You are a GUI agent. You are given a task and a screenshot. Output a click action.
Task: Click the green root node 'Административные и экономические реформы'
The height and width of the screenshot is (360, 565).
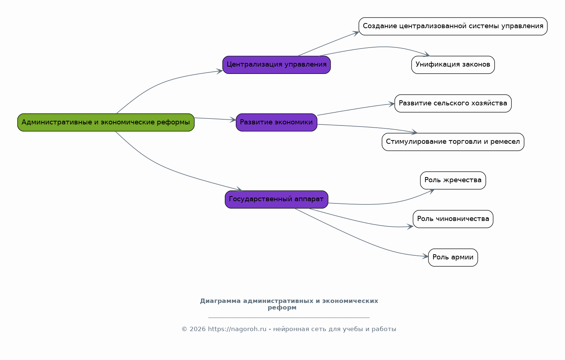(106, 123)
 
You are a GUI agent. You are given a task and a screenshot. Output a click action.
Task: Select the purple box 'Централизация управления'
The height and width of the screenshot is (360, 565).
(277, 65)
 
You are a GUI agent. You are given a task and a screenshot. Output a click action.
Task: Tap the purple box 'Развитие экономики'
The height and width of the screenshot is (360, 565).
(277, 123)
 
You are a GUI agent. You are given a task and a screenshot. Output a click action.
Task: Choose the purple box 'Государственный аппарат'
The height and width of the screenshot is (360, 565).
(277, 200)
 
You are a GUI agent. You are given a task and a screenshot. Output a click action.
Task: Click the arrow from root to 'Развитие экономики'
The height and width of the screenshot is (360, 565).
(215, 119)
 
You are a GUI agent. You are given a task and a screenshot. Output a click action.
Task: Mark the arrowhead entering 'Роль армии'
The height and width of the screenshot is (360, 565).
(426, 256)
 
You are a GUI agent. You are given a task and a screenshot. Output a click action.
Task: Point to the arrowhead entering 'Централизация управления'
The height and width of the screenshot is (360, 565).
(220, 71)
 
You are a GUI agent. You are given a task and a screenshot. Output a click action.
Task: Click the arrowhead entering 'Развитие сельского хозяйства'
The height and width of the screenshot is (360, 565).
(392, 104)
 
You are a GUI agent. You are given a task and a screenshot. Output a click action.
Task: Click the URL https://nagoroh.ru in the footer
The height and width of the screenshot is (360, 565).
(237, 329)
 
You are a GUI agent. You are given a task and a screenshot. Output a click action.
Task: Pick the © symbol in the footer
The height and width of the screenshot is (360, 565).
(185, 330)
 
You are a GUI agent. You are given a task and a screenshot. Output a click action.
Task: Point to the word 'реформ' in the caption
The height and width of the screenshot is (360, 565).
(282, 308)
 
